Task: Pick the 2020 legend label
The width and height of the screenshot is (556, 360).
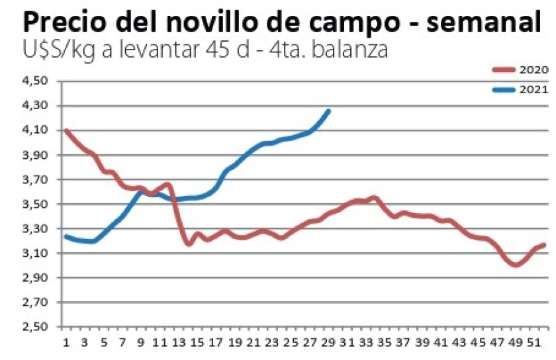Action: click(x=533, y=68)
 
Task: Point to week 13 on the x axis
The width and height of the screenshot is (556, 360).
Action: click(x=178, y=343)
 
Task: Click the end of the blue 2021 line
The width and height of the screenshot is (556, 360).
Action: click(x=329, y=111)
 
